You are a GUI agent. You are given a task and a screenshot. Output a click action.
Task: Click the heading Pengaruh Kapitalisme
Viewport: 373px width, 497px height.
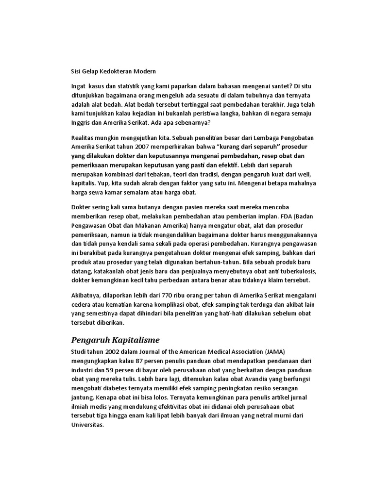116,339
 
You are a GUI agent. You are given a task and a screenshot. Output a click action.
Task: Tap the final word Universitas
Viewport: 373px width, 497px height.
88,425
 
